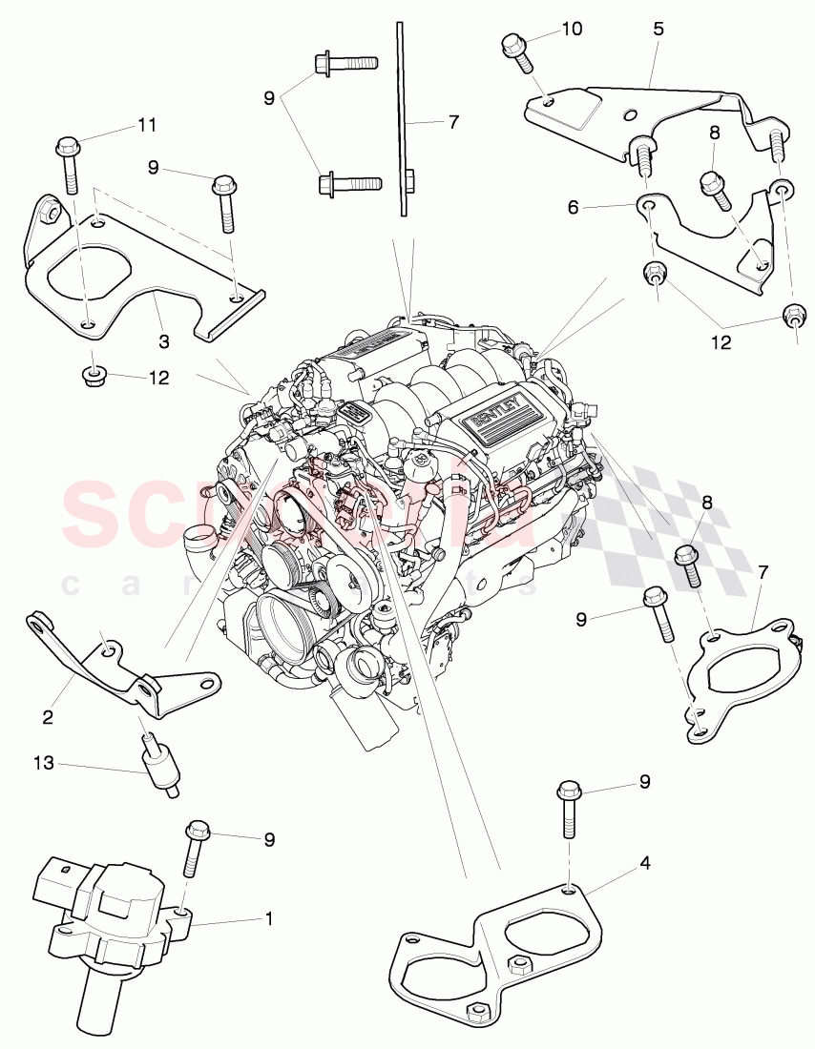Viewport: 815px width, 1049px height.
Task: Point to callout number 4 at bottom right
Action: (x=645, y=864)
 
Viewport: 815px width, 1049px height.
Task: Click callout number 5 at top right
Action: (x=658, y=30)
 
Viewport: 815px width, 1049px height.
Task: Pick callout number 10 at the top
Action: (x=571, y=30)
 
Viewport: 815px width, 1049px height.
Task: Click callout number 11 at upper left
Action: (x=146, y=125)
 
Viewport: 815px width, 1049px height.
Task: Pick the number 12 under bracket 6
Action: (x=721, y=341)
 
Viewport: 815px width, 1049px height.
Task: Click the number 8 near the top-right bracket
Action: (x=715, y=134)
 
